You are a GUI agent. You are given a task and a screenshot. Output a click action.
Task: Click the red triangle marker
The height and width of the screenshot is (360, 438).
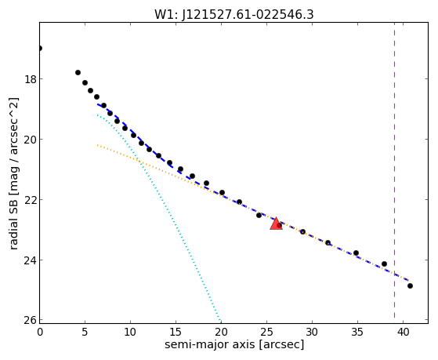click(x=276, y=224)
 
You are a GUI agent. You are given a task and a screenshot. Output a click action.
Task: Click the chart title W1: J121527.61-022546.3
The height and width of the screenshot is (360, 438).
click(x=234, y=15)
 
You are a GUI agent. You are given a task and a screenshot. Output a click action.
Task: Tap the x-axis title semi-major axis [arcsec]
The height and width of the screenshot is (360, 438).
click(x=234, y=344)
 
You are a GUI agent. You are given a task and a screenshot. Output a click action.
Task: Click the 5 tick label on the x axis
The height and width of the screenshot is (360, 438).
click(x=85, y=333)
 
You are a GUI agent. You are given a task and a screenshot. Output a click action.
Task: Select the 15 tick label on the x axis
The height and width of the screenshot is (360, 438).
click(x=176, y=333)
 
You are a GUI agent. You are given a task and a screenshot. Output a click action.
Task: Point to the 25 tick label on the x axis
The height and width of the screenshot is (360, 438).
click(x=266, y=333)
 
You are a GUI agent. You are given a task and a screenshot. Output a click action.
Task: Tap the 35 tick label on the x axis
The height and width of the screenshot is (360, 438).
click(x=357, y=333)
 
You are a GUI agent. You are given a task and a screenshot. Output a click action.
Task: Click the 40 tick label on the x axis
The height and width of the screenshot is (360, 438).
click(x=403, y=333)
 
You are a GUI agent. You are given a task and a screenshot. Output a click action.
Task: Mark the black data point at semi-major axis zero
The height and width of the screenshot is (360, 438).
click(x=40, y=49)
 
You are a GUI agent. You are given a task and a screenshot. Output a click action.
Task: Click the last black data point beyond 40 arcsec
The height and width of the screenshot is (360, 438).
click(x=410, y=285)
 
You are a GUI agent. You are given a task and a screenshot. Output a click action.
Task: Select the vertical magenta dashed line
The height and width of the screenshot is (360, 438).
click(x=394, y=170)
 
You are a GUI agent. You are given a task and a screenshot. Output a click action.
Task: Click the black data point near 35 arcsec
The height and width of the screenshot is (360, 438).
click(x=356, y=253)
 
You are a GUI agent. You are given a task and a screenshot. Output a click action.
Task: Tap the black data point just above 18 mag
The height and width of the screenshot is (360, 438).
click(x=78, y=73)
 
